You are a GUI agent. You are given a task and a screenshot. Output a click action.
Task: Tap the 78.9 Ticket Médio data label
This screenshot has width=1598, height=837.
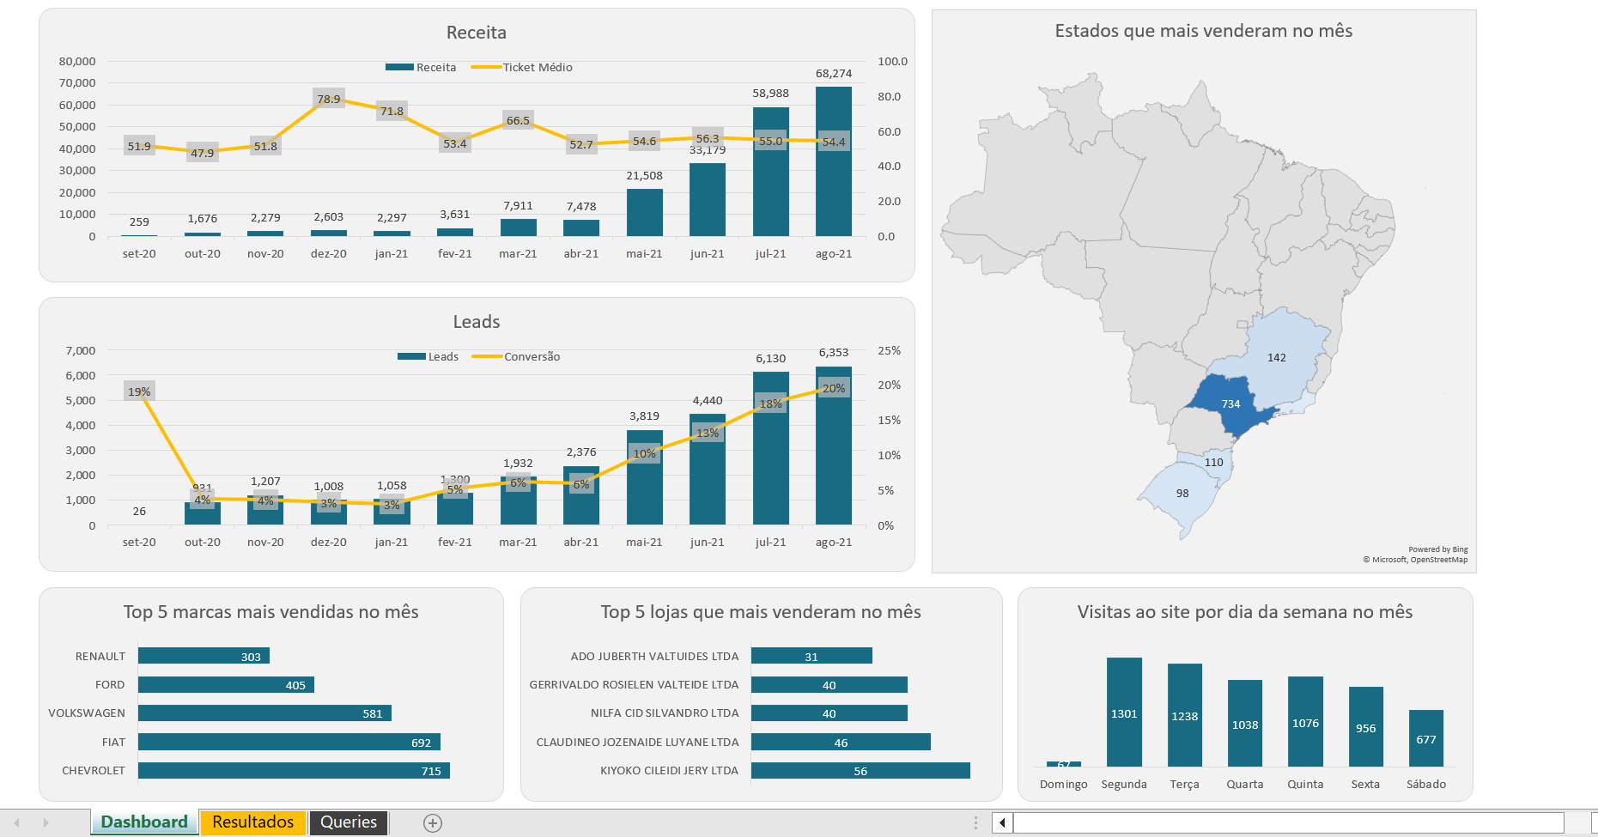328,99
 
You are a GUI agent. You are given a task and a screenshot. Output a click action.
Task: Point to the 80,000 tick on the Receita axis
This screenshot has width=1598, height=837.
77,61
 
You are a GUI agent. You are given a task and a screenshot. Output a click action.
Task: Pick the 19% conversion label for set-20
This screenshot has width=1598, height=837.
139,391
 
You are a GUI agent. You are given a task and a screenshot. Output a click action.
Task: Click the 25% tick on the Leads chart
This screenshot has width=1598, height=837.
889,350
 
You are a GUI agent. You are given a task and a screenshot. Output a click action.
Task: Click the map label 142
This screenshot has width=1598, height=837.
1276,357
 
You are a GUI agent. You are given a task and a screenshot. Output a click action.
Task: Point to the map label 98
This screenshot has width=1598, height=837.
1182,493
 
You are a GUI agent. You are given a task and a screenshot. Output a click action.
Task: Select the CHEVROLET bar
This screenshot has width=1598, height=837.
294,771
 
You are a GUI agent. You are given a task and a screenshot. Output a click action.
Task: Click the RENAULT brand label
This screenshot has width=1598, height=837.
100,656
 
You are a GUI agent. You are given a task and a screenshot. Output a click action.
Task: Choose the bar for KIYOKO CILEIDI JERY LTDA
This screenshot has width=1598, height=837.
860,771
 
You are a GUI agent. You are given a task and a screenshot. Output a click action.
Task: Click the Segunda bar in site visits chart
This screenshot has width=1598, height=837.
1124,713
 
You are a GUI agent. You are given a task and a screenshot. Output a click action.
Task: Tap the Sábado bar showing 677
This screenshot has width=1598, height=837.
1425,738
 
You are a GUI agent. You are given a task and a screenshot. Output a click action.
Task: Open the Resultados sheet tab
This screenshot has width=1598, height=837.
252,822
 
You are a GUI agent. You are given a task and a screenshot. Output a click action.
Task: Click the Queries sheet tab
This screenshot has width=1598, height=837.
348,822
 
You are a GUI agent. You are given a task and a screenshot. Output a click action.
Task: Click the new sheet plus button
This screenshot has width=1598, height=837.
433,823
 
